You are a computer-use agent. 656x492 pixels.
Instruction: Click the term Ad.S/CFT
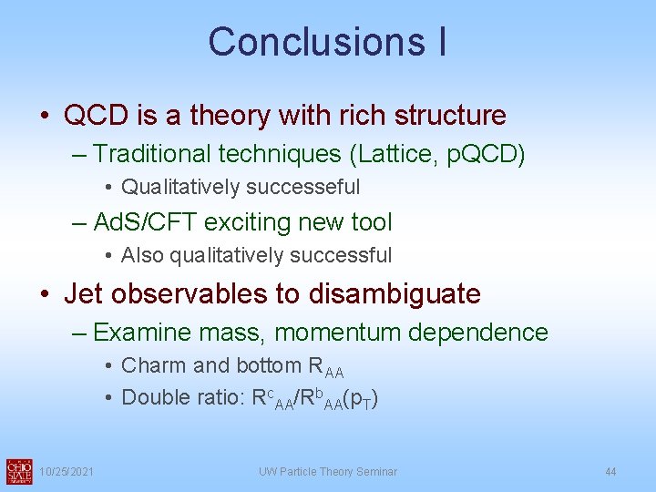145,222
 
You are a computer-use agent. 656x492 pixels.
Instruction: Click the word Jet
87,293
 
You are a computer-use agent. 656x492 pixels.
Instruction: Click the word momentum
341,333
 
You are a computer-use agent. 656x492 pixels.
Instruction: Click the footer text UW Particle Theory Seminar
327,471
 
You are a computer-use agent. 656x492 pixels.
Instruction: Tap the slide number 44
610,471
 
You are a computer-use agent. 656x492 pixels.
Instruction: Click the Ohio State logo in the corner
18,470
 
